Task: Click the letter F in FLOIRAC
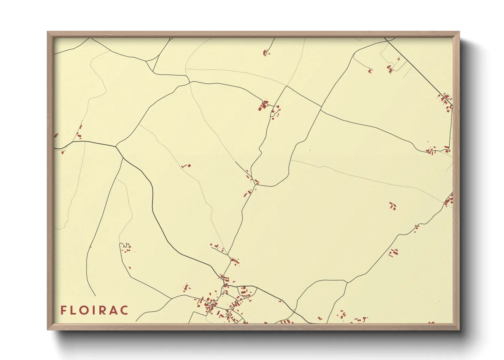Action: click(x=63, y=310)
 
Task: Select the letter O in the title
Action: click(x=85, y=310)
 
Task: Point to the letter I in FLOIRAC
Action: click(x=95, y=310)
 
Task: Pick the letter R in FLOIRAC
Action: click(x=104, y=310)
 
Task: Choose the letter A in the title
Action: click(x=114, y=310)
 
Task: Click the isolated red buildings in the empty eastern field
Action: click(x=393, y=206)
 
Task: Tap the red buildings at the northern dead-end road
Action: click(x=266, y=52)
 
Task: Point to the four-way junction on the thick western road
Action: click(x=116, y=147)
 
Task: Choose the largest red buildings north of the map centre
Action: click(x=263, y=105)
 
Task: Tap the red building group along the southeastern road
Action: click(x=394, y=253)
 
